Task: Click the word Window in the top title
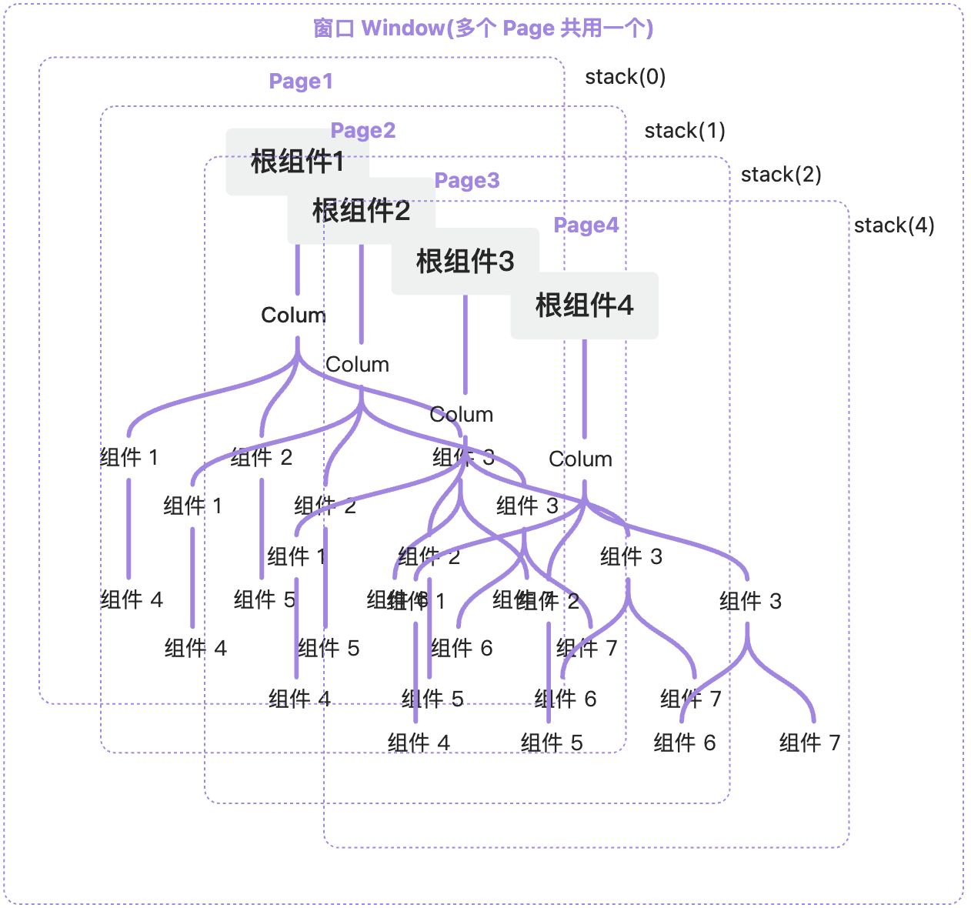point(402,28)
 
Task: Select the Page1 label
point(301,82)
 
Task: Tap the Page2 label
point(363,131)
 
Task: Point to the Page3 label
point(467,181)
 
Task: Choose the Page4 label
point(586,225)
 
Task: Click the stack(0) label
point(625,77)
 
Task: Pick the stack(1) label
point(685,131)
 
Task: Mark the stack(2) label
point(781,175)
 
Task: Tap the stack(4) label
point(894,225)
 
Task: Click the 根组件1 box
point(297,162)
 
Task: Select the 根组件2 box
point(361,210)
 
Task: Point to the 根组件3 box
point(465,261)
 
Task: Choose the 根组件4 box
point(584,305)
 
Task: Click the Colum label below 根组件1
point(293,315)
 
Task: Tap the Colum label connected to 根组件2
point(357,365)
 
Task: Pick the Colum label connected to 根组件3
point(461,415)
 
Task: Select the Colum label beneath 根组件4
point(580,459)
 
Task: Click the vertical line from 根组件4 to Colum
point(584,389)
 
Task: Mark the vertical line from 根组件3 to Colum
point(465,344)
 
